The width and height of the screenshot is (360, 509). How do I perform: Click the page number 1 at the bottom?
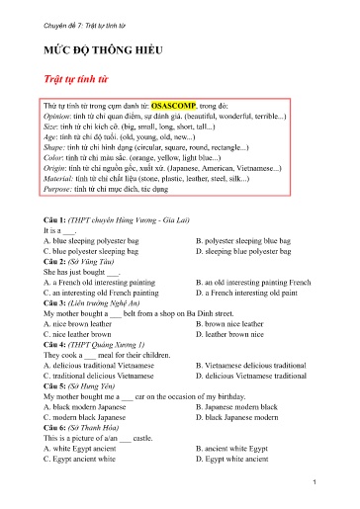pyautogui.click(x=313, y=481)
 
